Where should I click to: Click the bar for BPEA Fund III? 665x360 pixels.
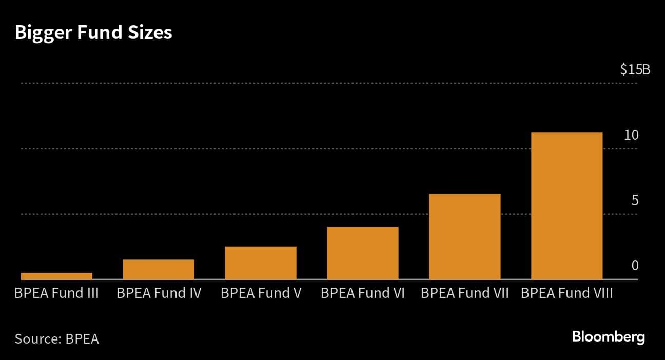pyautogui.click(x=56, y=276)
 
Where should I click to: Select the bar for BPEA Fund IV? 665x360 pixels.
pyautogui.click(x=159, y=269)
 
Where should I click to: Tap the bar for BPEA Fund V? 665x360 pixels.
pyautogui.click(x=261, y=263)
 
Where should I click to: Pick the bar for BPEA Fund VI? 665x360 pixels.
pyautogui.click(x=363, y=253)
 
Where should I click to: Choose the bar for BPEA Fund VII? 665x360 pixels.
pyautogui.click(x=464, y=236)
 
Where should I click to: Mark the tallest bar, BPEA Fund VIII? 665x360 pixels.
pyautogui.click(x=566, y=206)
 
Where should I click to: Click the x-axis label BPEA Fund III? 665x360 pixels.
pyautogui.click(x=56, y=294)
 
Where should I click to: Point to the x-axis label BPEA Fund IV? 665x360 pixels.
pyautogui.click(x=159, y=294)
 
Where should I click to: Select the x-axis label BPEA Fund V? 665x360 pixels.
pyautogui.click(x=261, y=294)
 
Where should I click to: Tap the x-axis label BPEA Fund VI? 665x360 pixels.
pyautogui.click(x=363, y=294)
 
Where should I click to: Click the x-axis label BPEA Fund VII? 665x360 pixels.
pyautogui.click(x=464, y=294)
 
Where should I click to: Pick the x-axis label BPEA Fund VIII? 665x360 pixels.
pyautogui.click(x=566, y=294)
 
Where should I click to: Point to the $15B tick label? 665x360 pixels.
pyautogui.click(x=635, y=70)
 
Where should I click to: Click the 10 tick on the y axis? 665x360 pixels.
pyautogui.click(x=631, y=135)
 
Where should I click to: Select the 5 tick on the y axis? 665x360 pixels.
pyautogui.click(x=635, y=201)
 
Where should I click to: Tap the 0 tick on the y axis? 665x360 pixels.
pyautogui.click(x=635, y=266)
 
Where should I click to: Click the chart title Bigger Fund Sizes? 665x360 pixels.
pyautogui.click(x=93, y=33)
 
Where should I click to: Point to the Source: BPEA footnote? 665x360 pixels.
pyautogui.click(x=56, y=339)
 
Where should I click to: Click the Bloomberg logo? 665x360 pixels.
pyautogui.click(x=608, y=337)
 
